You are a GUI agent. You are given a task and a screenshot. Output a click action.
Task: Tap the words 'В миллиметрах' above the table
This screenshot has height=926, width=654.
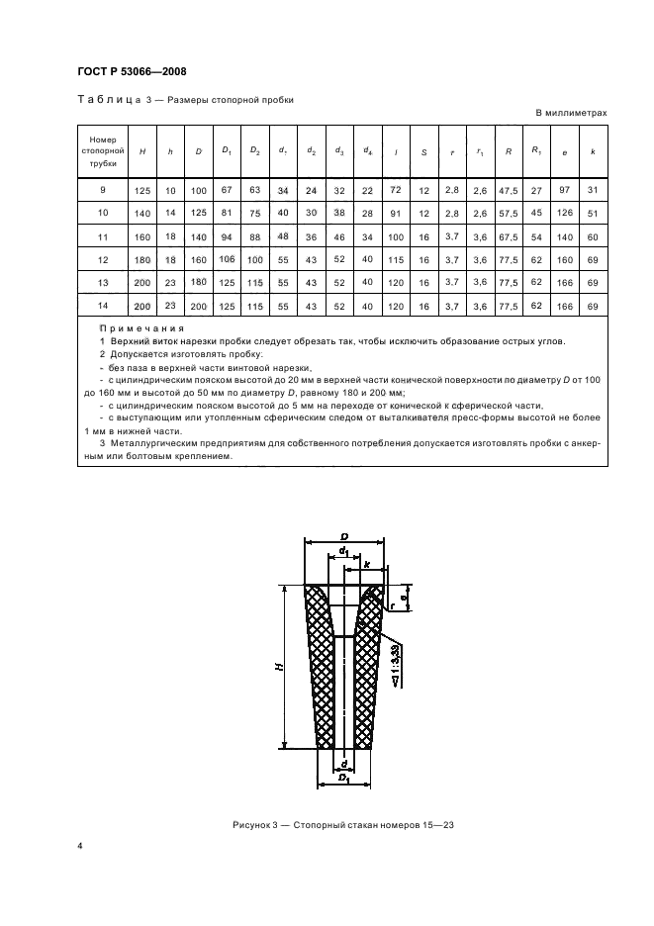(571, 113)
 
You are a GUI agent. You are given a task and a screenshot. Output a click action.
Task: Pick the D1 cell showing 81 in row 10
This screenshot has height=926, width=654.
(227, 212)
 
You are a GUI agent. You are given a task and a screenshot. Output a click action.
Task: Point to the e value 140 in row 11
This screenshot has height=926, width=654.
(566, 238)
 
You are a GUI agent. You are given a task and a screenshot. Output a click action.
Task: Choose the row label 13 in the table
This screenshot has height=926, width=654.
(102, 284)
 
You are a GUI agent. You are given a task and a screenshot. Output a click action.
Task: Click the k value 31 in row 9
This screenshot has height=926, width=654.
(593, 188)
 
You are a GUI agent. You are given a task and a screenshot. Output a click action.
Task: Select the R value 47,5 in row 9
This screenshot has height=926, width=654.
(508, 188)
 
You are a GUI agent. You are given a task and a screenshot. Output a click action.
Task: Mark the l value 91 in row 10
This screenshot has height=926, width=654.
(396, 212)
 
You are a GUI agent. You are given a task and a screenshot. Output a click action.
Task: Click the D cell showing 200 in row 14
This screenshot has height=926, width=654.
(199, 308)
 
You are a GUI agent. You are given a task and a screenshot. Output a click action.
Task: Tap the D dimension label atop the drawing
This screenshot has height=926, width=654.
(344, 536)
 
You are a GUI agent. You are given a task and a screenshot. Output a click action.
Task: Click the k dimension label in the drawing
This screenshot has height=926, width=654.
(368, 563)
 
